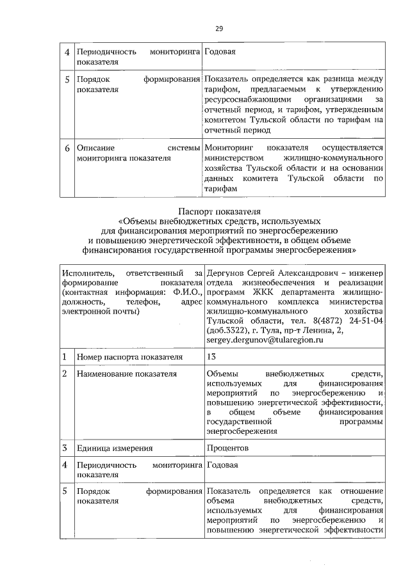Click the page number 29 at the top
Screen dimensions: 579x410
(x=218, y=28)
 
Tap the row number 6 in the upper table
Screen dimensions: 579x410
(x=67, y=148)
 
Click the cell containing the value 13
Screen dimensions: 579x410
(x=213, y=356)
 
